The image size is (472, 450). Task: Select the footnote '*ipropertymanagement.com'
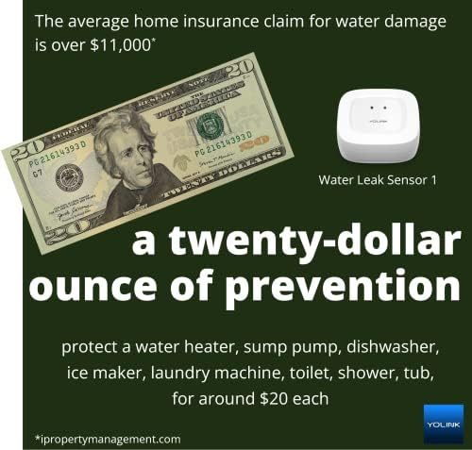coord(107,439)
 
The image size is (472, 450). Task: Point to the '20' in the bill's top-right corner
coord(242,70)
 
